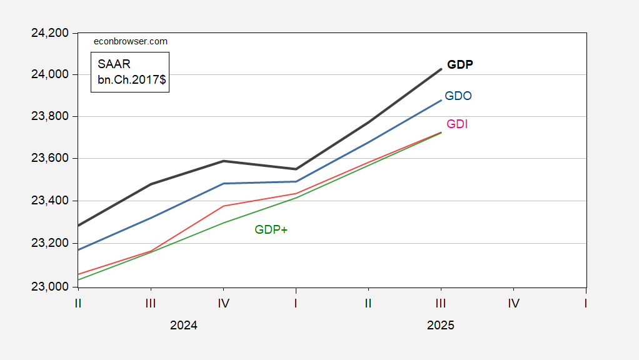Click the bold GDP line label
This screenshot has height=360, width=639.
460,64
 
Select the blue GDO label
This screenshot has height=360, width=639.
458,96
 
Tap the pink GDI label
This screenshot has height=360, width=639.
457,124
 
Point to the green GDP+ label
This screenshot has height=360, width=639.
271,230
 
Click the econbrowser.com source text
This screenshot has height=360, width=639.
130,41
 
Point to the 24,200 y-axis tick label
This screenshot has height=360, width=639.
49,32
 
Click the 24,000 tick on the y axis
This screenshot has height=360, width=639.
49,74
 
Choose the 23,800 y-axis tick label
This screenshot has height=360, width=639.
49,116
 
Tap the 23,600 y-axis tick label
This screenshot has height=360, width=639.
49,159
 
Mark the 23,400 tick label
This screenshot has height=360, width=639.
49,201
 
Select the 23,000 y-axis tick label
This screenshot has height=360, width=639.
49,287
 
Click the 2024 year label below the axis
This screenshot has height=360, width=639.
184,326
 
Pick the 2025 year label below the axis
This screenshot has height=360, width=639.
440,326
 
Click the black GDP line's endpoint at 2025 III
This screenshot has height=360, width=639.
441,69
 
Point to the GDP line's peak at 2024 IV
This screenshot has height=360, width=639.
223,161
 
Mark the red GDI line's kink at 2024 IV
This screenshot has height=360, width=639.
223,206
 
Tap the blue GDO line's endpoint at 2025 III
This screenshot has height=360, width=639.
441,100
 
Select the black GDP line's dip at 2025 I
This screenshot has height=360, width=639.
296,169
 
